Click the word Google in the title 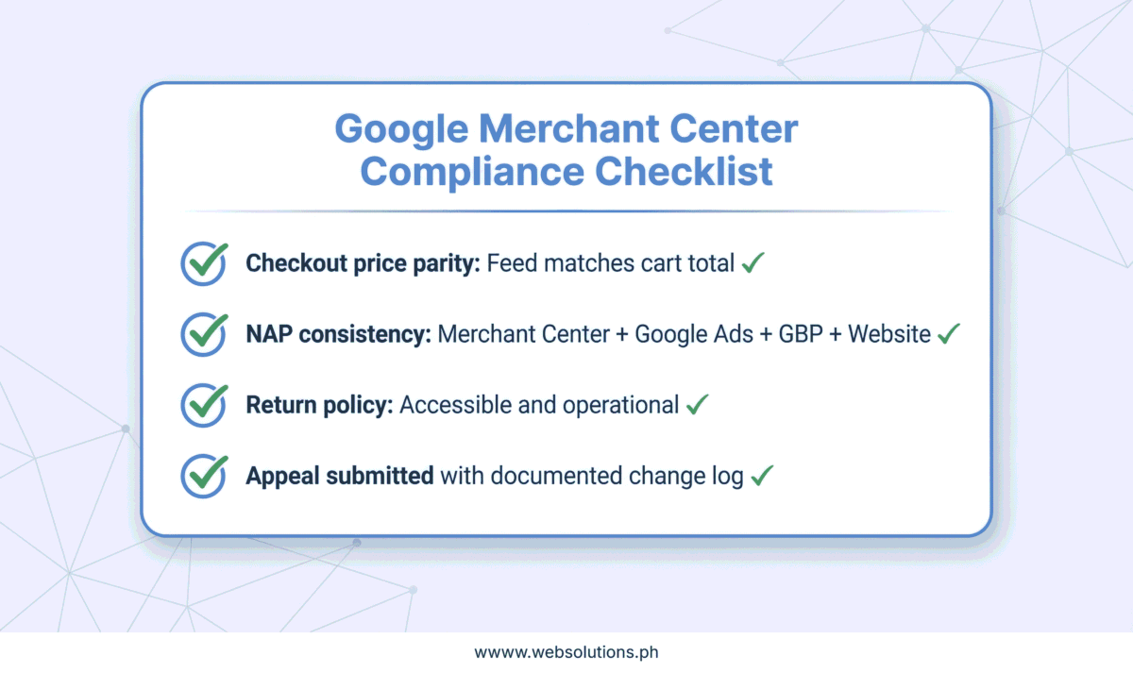(x=401, y=130)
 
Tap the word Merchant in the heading (x=568, y=128)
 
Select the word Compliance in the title (x=472, y=173)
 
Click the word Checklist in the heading (x=684, y=171)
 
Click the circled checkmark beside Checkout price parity (x=204, y=263)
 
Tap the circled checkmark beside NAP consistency (x=204, y=334)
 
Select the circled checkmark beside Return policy (x=204, y=405)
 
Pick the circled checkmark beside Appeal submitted (x=204, y=476)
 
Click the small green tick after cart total (x=753, y=263)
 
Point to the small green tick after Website (x=948, y=334)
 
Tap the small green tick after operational (x=698, y=405)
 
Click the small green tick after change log (x=762, y=476)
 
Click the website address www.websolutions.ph (x=566, y=652)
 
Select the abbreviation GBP (x=801, y=334)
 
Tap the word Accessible (x=455, y=405)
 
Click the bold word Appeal (x=282, y=477)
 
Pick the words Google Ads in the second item (x=694, y=335)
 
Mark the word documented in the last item (x=556, y=476)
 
